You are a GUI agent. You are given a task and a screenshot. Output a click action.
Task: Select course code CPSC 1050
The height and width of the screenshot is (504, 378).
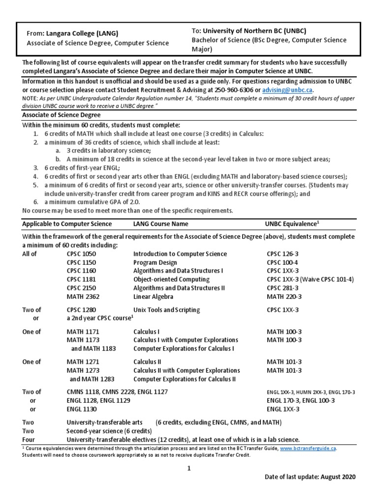(81, 254)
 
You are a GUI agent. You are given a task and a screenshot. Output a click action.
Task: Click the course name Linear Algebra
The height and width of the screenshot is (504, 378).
(153, 297)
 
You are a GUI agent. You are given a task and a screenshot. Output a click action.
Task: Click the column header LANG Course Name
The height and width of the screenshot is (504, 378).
(161, 223)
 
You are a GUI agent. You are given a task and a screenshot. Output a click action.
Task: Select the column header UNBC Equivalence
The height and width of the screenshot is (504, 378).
(292, 223)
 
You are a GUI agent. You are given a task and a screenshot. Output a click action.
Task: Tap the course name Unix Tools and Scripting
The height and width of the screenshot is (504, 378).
(166, 310)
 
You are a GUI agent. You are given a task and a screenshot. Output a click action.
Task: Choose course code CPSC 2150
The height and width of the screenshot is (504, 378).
(81, 288)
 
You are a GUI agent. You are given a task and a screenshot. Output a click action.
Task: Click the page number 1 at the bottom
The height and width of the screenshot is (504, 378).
(188, 468)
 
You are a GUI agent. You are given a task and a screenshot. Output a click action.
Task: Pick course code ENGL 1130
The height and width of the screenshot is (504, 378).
(82, 409)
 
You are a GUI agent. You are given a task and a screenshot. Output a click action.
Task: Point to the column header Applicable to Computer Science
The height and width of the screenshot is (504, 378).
(67, 223)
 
